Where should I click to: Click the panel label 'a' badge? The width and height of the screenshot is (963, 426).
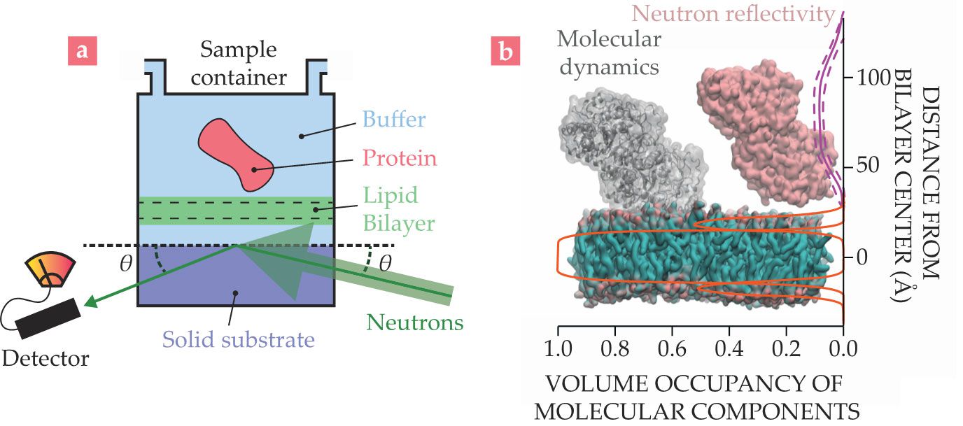tap(82, 52)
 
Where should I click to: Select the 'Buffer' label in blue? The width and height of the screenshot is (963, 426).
tap(393, 119)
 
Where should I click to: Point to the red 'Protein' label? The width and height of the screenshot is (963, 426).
tap(400, 158)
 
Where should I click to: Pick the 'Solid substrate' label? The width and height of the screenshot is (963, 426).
tap(238, 340)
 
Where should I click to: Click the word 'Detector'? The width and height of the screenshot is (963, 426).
tap(45, 360)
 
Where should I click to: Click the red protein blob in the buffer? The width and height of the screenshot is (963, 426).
tap(235, 154)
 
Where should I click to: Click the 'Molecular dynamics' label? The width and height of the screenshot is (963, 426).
tap(609, 52)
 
